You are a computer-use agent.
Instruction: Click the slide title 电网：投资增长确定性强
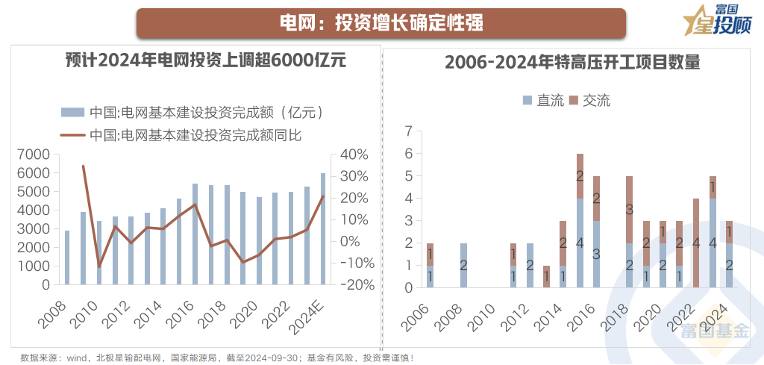(x=381, y=23)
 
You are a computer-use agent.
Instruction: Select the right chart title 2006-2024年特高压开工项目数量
(x=572, y=63)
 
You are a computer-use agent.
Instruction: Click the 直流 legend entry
(x=545, y=100)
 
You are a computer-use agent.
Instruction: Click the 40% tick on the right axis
(x=354, y=155)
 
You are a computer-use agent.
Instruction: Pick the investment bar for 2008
(x=67, y=258)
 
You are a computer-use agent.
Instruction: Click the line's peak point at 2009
(x=83, y=166)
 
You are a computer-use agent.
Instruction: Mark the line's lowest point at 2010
(x=99, y=266)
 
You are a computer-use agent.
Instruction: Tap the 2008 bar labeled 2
(x=463, y=265)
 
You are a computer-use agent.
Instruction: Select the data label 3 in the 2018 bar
(x=629, y=210)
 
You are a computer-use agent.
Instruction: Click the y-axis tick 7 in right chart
(x=407, y=131)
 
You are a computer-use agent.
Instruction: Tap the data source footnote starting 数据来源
(x=216, y=358)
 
